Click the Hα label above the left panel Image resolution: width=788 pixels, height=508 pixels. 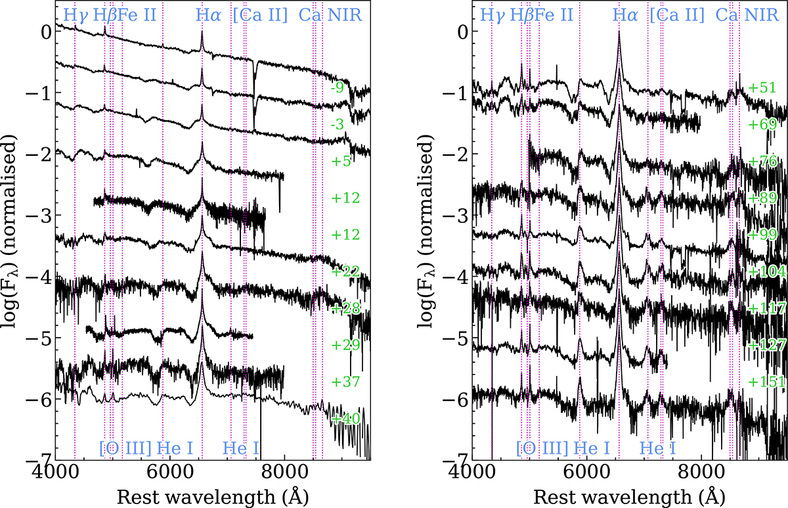(208, 14)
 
